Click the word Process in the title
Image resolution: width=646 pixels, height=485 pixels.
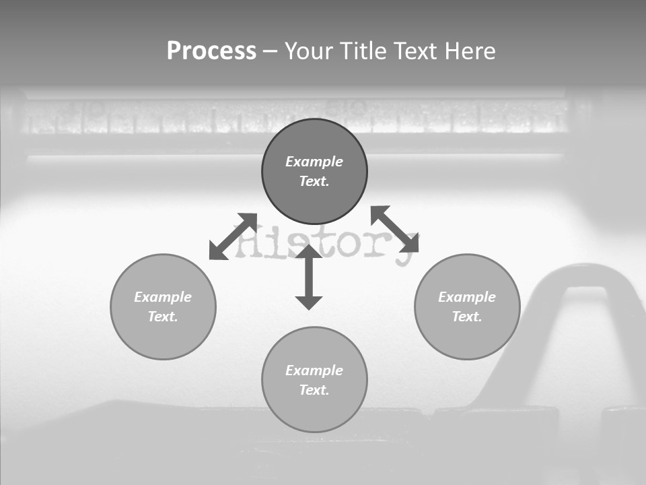211,51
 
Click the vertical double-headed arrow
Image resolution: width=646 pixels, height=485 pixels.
309,277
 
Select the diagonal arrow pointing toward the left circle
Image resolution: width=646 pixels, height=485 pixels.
233,236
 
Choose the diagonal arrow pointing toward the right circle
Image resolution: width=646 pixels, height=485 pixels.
395,229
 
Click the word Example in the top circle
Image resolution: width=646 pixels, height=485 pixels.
314,162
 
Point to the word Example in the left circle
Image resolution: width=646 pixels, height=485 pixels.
163,297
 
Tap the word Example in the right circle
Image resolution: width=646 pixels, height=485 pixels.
467,297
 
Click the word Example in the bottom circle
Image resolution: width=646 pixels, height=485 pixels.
314,370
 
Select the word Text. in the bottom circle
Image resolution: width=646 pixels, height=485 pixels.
314,390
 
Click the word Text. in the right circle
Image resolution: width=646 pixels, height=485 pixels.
467,317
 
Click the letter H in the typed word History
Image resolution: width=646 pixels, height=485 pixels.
248,239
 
